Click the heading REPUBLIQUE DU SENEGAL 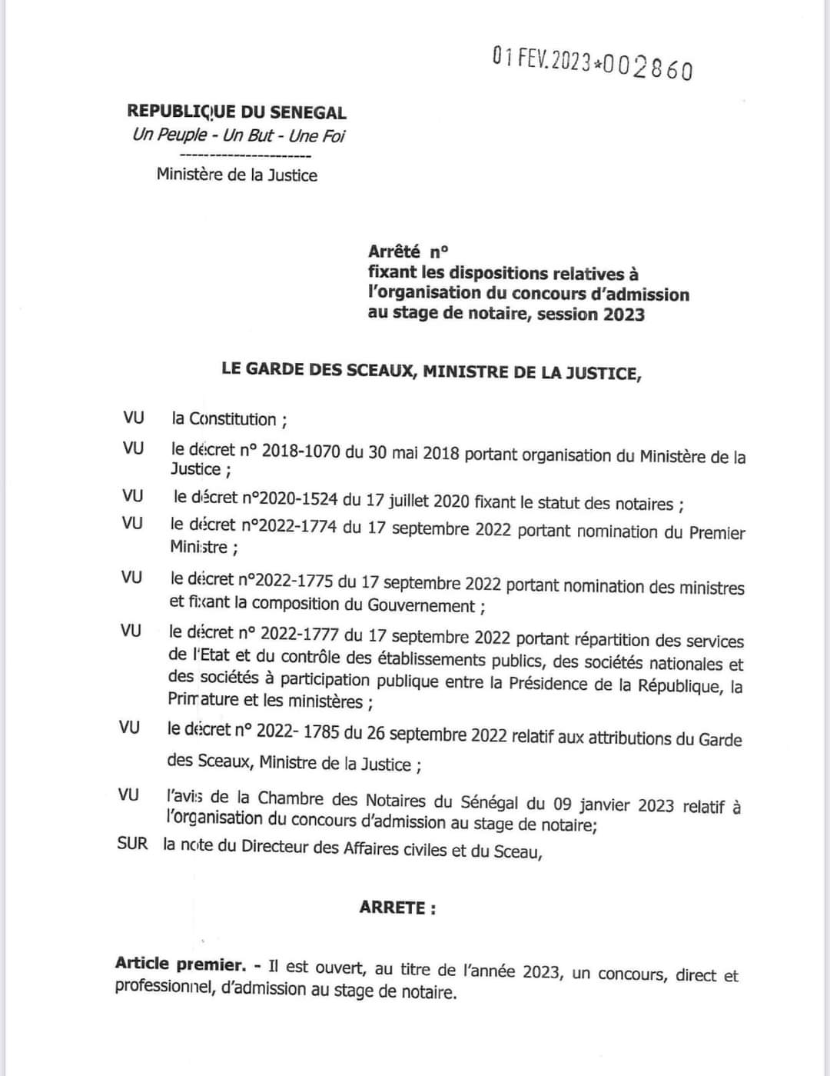(237, 112)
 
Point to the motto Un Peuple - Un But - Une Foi (238, 135)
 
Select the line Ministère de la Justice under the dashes (237, 175)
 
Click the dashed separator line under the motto (238, 156)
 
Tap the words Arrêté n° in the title (408, 252)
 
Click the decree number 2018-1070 (300, 451)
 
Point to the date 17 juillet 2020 (417, 501)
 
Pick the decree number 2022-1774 (295, 528)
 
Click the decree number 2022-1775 (295, 581)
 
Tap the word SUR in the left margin (132, 844)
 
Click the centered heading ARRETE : (397, 908)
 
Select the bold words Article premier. (181, 964)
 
